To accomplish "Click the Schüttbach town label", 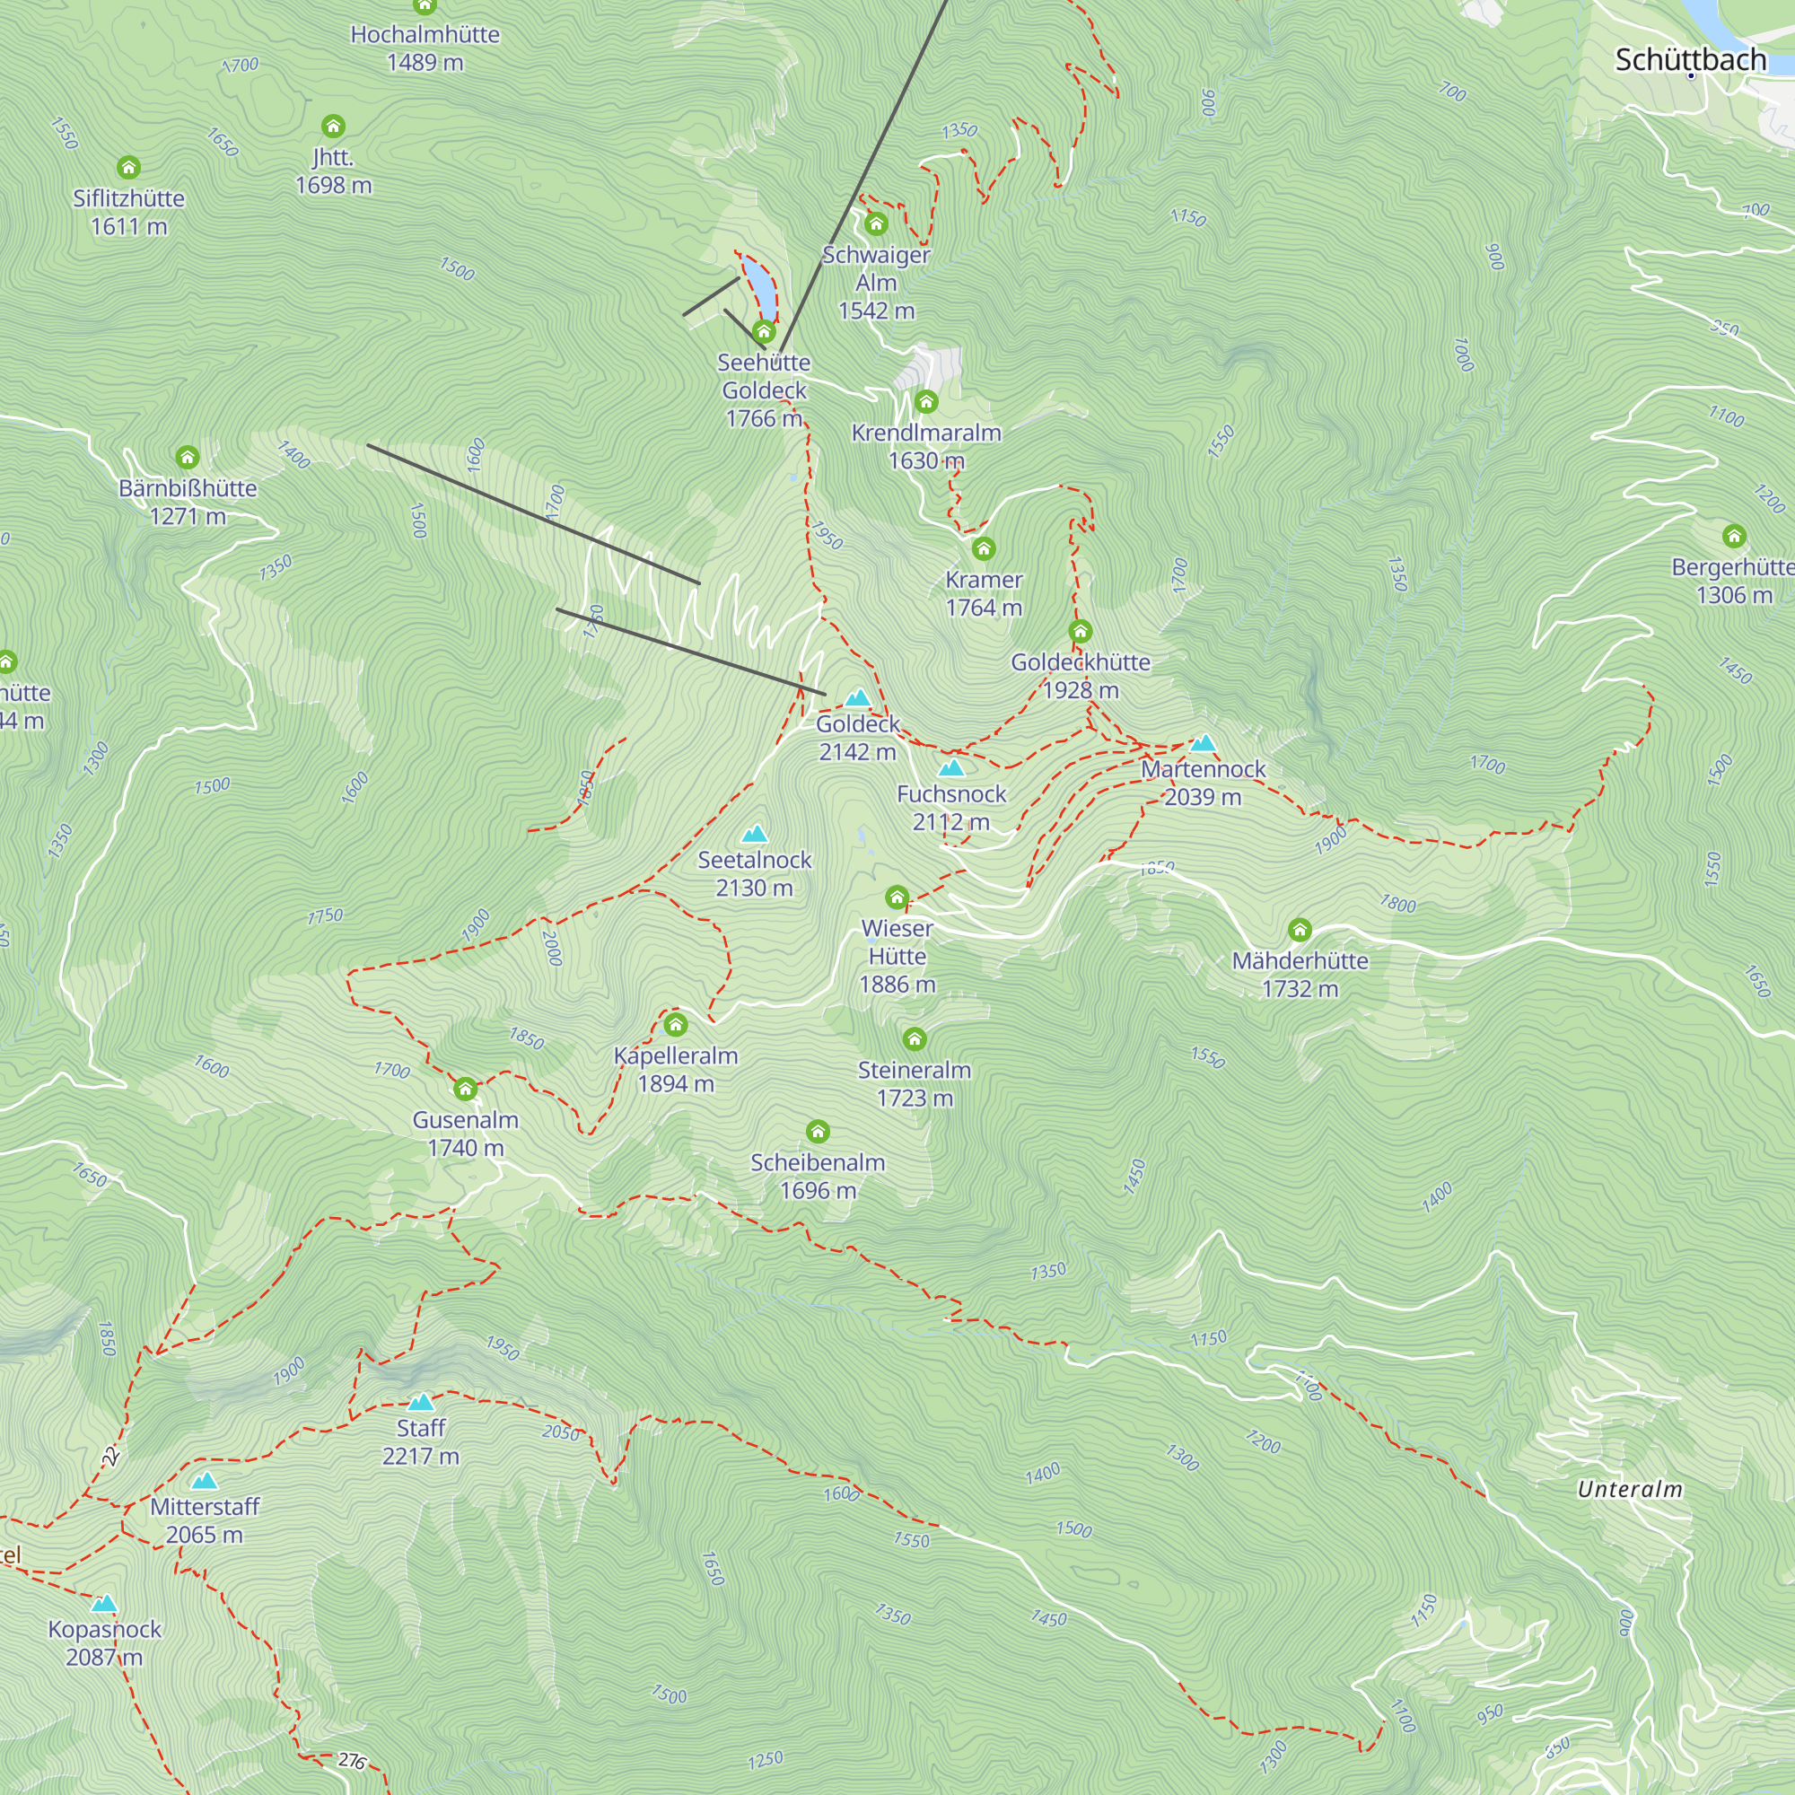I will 1690,59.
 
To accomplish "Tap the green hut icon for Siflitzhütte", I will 128,167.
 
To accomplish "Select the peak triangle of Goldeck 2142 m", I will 857,697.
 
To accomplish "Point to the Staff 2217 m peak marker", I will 421,1402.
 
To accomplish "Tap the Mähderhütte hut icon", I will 1300,929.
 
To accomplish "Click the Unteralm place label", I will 1630,1489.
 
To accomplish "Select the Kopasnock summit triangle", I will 104,1604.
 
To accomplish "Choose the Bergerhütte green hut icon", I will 1734,536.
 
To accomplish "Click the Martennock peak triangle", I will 1204,742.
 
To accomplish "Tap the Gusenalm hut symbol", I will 466,1089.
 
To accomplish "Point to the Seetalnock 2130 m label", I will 755,873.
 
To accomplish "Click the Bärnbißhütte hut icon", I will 188,457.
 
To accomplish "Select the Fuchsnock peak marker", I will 951,767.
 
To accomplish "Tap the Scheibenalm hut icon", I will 818,1132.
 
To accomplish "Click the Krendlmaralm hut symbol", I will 926,401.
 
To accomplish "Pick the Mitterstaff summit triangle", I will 205,1481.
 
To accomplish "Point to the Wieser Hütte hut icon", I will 897,897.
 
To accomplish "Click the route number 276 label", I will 351,1760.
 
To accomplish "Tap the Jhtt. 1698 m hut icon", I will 333,126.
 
